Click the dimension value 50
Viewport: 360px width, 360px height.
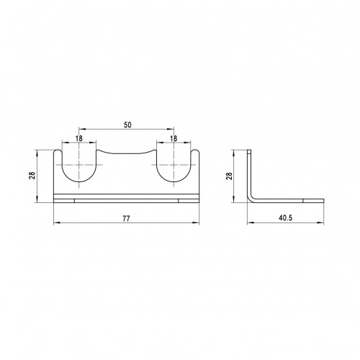coord(127,125)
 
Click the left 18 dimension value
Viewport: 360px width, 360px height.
coord(78,138)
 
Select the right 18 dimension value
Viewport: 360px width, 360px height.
coord(174,138)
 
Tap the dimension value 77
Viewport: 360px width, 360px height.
coord(126,219)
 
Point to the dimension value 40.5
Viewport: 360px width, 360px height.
coord(286,218)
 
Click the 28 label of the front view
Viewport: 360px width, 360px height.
coord(32,175)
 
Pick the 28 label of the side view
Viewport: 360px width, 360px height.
coord(229,176)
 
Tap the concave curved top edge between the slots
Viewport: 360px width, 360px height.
coord(126,153)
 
